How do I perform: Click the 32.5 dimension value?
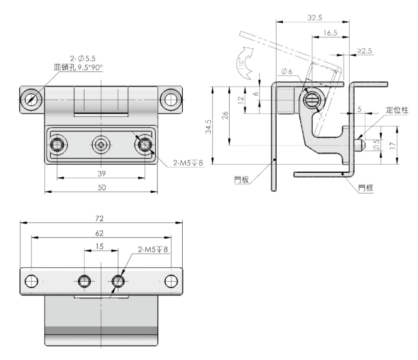(x=315, y=18)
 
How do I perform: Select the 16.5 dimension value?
(x=330, y=33)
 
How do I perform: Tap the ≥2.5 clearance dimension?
(x=364, y=51)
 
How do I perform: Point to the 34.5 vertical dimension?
(x=208, y=126)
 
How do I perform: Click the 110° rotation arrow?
(x=245, y=63)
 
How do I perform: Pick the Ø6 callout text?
(x=287, y=71)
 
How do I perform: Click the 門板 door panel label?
(x=242, y=180)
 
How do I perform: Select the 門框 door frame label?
(x=365, y=188)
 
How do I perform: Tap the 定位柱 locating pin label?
(x=397, y=110)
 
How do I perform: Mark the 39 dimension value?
(x=101, y=173)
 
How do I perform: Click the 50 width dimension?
(x=101, y=187)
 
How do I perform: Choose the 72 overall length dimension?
(x=99, y=219)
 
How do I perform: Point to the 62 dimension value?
(x=99, y=234)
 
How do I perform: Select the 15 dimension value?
(x=99, y=247)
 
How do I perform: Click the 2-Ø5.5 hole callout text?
(x=83, y=58)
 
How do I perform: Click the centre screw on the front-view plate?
(x=101, y=145)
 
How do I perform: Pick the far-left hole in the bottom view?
(x=31, y=281)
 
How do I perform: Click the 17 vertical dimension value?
(x=393, y=146)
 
